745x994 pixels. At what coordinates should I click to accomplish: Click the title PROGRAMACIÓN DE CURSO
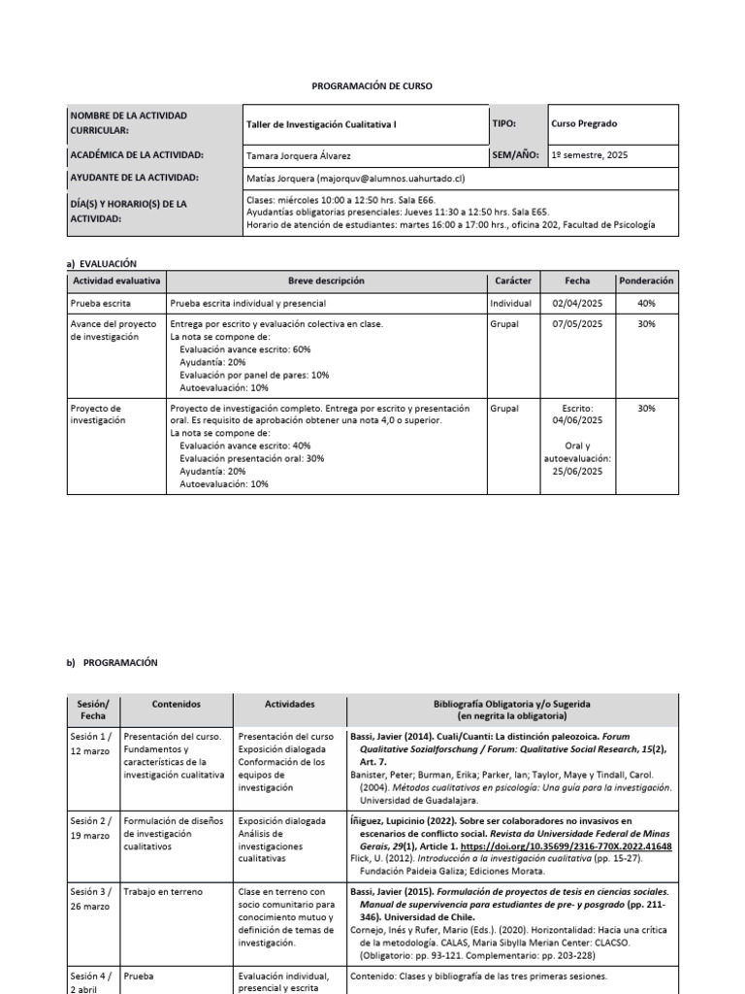point(372,86)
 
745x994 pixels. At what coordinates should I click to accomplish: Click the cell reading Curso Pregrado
point(584,124)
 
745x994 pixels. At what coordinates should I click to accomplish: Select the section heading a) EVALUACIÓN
point(101,263)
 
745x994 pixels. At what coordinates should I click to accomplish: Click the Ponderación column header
point(647,281)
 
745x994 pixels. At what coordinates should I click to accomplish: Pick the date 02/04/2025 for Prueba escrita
point(577,304)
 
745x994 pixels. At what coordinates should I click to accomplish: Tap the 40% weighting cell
point(647,304)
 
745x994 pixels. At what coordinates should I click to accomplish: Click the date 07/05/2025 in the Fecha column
point(577,324)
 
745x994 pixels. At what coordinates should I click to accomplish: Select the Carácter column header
point(513,281)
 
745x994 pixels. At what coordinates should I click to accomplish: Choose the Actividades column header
point(290,704)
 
